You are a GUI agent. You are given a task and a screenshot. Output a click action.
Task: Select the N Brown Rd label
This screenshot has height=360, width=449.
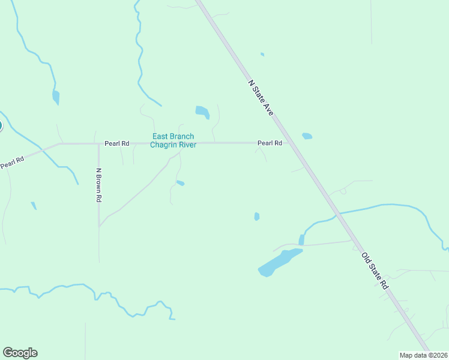tap(99, 184)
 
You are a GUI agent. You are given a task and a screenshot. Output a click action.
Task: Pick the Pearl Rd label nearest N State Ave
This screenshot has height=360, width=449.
tap(270, 143)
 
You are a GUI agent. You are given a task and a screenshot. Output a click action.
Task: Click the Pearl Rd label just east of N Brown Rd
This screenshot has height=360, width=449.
tap(117, 144)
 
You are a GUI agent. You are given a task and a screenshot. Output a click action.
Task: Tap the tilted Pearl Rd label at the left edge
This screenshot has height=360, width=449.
tap(11, 163)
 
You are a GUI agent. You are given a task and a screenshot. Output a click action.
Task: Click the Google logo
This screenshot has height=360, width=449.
tap(20, 353)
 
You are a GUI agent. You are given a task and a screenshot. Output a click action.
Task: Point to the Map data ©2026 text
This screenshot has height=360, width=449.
tap(424, 355)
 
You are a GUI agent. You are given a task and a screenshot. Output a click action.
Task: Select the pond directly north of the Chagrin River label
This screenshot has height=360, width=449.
tap(202, 112)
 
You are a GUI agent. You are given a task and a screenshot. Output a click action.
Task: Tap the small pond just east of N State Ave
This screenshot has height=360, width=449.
tap(307, 136)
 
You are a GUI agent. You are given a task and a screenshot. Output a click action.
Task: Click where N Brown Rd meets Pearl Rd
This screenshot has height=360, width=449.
tap(98, 143)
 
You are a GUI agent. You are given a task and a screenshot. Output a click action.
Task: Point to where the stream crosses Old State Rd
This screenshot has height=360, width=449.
tap(337, 213)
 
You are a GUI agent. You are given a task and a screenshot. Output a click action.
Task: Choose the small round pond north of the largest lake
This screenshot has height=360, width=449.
tap(257, 217)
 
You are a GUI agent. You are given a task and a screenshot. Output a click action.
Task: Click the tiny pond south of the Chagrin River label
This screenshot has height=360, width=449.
tap(180, 183)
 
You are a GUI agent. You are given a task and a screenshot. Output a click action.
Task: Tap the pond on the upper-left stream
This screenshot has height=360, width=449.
tap(56, 97)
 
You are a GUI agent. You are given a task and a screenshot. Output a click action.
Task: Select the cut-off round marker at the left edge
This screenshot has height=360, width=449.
tap(1, 126)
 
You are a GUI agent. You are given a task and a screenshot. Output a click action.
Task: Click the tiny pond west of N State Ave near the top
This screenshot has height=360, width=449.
tap(262, 55)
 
